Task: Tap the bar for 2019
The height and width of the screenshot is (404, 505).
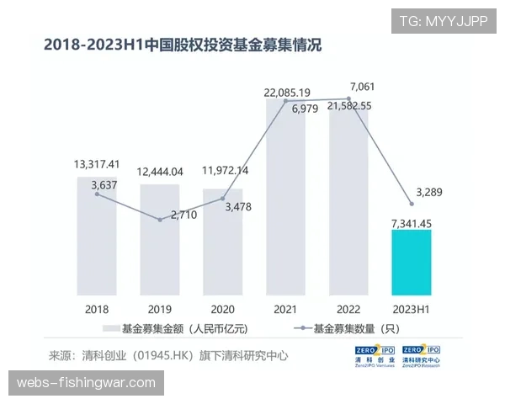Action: [x=160, y=240]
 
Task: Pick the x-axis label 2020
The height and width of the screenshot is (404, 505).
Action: [x=222, y=309]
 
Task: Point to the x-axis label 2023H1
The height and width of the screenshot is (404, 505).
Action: [x=411, y=309]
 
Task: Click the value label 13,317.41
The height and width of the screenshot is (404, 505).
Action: [x=98, y=163]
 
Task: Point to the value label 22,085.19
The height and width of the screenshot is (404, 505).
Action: [x=287, y=93]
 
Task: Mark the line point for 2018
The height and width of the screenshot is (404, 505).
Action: [x=98, y=194]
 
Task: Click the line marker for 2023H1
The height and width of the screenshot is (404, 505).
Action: [x=411, y=203]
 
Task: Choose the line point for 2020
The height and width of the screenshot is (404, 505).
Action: [x=223, y=199]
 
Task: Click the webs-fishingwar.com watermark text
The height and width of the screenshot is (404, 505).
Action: [x=87, y=383]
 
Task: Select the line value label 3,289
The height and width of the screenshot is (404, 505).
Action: [x=438, y=191]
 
